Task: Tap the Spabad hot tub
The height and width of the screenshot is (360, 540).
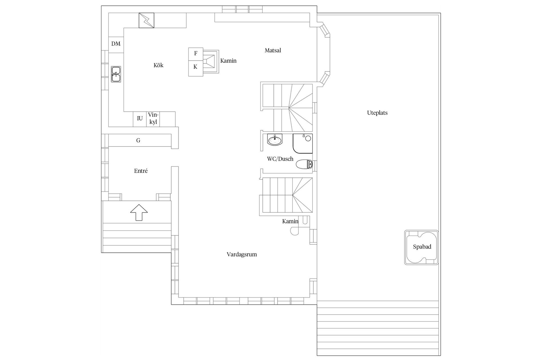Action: tap(421, 247)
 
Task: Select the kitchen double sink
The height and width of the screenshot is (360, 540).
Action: tap(116, 74)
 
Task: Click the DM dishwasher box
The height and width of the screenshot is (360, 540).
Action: tap(116, 44)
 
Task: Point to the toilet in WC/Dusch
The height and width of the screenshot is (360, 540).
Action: tap(304, 164)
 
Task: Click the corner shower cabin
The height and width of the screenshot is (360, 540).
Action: tap(303, 143)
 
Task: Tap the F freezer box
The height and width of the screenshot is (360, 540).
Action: tap(196, 53)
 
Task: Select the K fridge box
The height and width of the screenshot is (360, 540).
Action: tap(195, 67)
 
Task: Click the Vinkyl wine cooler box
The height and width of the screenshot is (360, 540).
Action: tap(153, 119)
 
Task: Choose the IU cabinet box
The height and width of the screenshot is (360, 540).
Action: tap(140, 119)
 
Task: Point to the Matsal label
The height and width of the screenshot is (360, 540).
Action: tap(273, 51)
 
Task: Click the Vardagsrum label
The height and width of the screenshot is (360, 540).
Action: tap(242, 255)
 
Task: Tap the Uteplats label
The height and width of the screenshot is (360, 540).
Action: tap(377, 113)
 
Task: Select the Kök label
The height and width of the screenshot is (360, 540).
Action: tap(158, 66)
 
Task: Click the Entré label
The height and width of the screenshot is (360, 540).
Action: tap(141, 171)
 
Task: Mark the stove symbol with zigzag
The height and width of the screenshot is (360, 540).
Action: tap(147, 20)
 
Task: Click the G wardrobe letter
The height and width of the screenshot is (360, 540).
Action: tap(138, 140)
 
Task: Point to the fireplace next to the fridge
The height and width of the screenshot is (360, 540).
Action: tap(211, 61)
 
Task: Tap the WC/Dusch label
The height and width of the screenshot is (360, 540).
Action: tap(280, 159)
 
